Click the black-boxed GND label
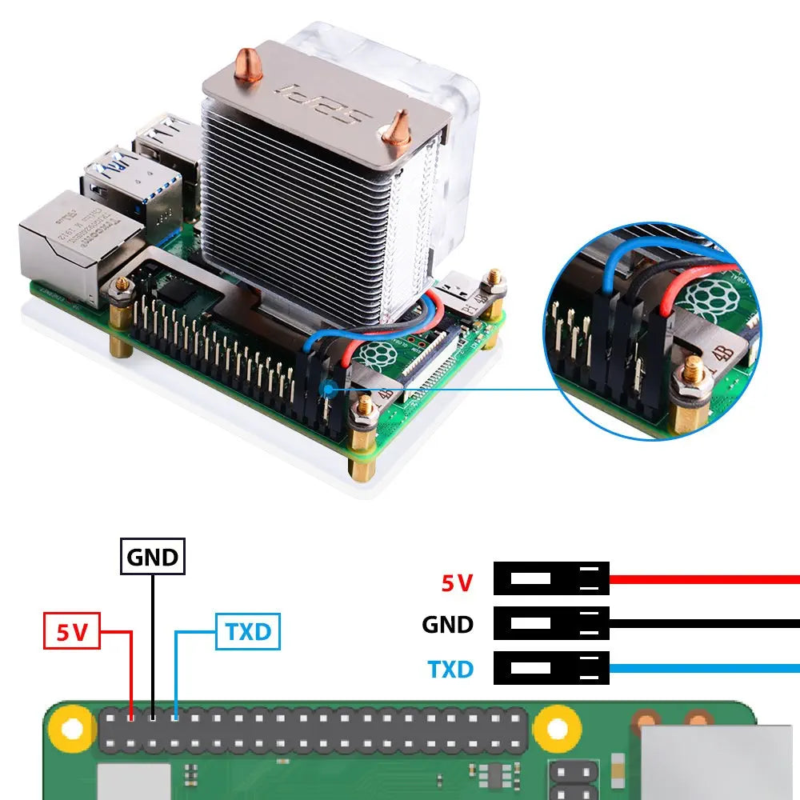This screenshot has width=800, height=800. (153, 556)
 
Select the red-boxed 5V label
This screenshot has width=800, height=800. (71, 632)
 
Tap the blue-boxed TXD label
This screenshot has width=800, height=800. (248, 632)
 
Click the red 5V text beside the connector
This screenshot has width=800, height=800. (457, 582)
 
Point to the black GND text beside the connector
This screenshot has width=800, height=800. (447, 625)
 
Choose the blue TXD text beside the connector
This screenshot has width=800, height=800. (450, 668)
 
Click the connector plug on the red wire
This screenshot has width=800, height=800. (551, 578)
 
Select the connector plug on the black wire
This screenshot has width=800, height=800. (551, 623)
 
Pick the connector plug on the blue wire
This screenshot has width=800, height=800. (551, 668)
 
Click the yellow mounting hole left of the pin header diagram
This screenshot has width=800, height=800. (71, 729)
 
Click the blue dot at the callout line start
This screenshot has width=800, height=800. (329, 390)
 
